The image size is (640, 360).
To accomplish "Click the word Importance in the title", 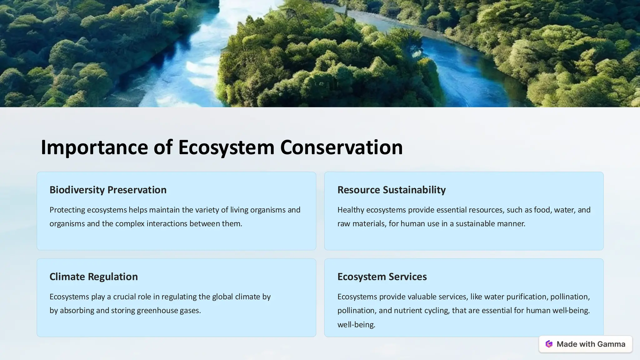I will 94,147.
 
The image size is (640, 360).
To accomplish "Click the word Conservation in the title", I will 341,147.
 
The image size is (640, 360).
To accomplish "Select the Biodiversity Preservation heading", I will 108,190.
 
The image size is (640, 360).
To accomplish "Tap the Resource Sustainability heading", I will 391,190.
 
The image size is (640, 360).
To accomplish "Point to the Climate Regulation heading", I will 93,277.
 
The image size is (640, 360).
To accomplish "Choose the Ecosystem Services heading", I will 382,277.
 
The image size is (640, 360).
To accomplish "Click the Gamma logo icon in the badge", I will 549,344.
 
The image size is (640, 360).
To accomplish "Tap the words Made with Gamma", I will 591,344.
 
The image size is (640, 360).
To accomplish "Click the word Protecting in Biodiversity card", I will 67,210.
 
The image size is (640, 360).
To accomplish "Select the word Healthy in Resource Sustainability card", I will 351,210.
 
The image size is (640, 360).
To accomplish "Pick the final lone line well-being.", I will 356,325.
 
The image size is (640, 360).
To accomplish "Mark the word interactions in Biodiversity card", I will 167,224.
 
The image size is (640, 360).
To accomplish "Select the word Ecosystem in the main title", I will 226,147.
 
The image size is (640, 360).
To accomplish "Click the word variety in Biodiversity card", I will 207,210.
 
